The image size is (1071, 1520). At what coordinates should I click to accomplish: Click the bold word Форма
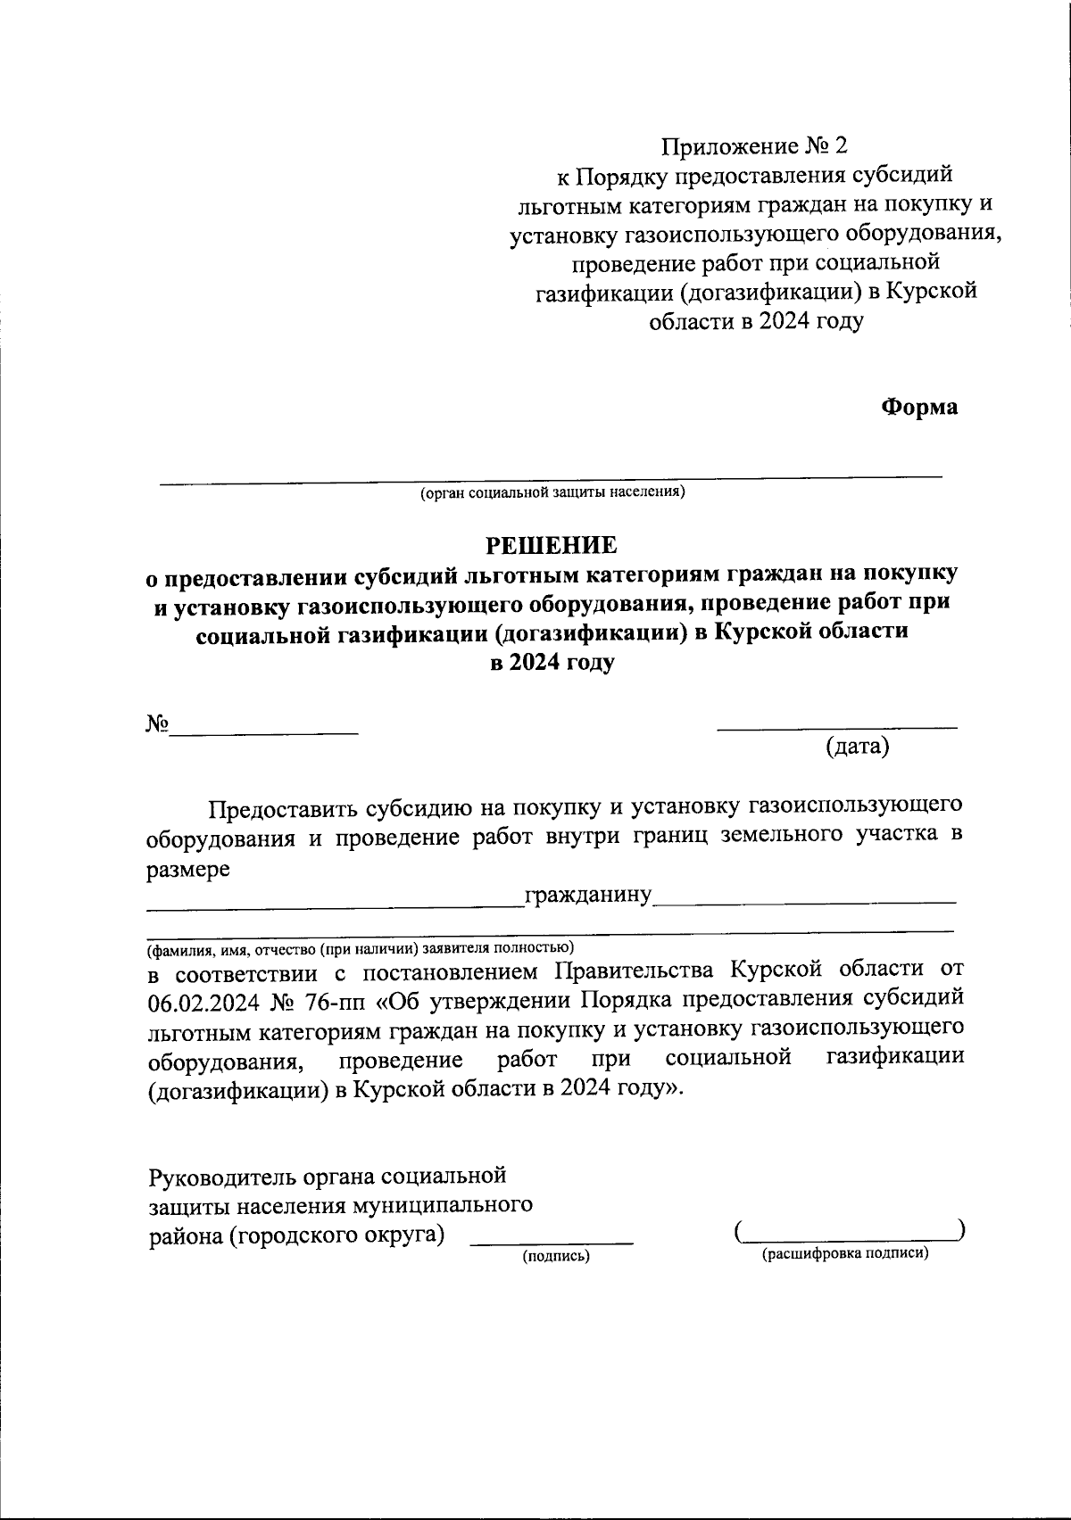919,407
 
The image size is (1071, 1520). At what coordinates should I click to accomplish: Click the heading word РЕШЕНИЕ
551,545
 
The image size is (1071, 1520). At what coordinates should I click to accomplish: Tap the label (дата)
857,748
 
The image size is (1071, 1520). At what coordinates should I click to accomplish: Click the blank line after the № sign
264,732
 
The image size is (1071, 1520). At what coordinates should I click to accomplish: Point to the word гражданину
589,895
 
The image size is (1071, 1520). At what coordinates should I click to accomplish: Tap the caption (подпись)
556,1256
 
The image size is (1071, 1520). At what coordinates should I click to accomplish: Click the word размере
188,869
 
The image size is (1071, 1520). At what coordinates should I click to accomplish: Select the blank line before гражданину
336,906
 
